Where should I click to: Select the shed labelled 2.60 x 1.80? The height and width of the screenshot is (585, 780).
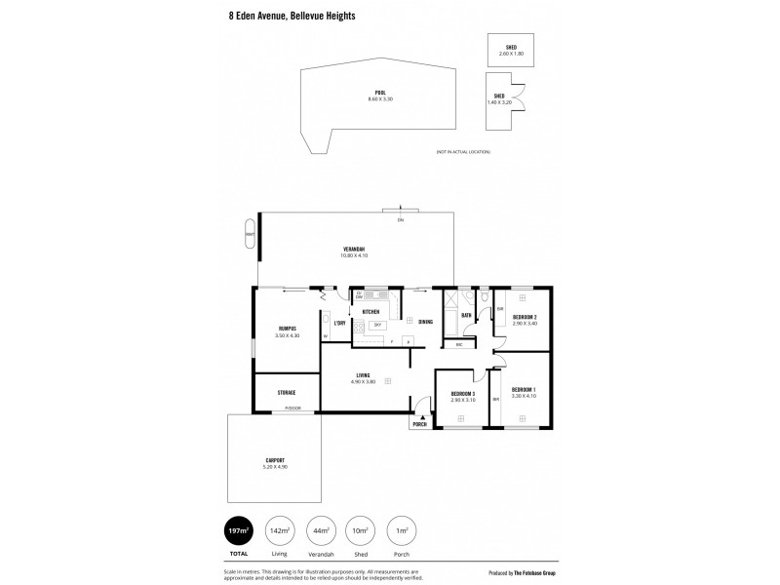point(511,50)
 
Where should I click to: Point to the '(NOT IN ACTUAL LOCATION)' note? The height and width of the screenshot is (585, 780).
point(463,152)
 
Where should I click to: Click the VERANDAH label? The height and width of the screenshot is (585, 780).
point(354,250)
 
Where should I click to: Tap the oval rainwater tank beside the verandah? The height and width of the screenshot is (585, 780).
point(251,235)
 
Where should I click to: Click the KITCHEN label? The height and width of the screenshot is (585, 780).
point(370,312)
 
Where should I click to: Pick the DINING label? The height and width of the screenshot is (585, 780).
point(425,322)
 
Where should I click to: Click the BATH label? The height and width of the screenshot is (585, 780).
point(466,315)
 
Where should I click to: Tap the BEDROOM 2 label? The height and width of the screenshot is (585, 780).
point(526,318)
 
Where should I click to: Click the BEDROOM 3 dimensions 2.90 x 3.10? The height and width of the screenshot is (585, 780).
point(462,401)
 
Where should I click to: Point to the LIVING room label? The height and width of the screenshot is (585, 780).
point(362,374)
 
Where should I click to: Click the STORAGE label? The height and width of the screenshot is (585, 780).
point(286,392)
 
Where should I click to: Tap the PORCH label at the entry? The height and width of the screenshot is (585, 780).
point(420,425)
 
